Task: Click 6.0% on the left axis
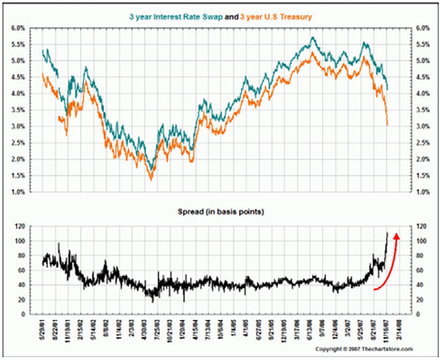[18, 28]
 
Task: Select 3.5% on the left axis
[18, 110]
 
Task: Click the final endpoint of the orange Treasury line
[387, 125]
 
